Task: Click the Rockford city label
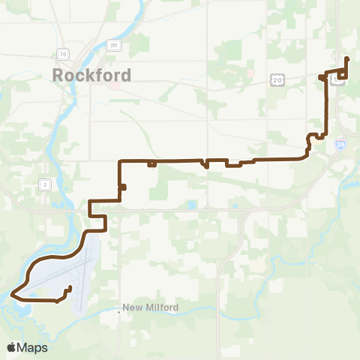coord(92,75)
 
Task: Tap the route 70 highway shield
coord(62,54)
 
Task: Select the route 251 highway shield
coord(113,45)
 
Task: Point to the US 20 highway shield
coord(278,78)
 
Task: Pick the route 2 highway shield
coord(45,184)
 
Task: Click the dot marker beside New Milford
coord(120,308)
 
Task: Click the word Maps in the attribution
coord(33,347)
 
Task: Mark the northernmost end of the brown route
coord(345,58)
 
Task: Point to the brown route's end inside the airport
coord(70,287)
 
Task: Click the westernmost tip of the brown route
coord(13,295)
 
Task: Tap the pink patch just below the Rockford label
coord(113,85)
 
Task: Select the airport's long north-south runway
coord(84,274)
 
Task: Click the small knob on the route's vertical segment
coord(123,187)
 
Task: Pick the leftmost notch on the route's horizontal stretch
coord(151,164)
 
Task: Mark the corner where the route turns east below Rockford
coord(120,160)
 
